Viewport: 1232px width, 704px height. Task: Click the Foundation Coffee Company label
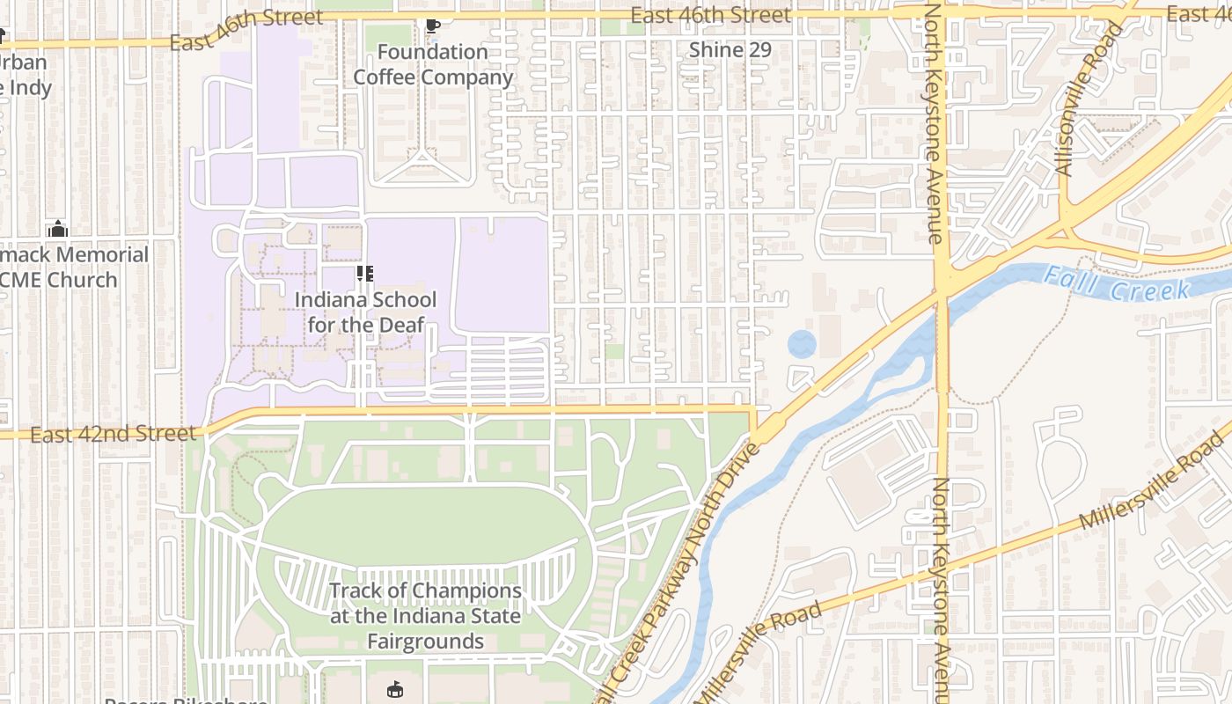pos(432,65)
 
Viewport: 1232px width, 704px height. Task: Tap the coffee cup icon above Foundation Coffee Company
pos(432,26)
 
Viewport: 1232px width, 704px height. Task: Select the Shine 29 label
pos(730,50)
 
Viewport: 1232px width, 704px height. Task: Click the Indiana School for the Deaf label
pos(365,312)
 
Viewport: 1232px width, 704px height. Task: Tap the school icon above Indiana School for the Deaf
pos(365,274)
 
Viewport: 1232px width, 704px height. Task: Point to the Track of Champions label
pos(425,615)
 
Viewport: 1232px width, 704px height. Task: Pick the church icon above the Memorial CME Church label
pos(58,229)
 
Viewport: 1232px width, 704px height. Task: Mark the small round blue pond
pos(802,344)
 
